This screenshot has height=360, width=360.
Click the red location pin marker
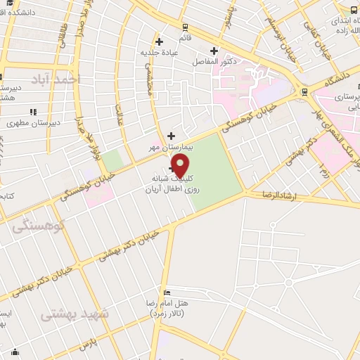pos(181,167)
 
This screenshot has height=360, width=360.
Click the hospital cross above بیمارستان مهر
pos(171,135)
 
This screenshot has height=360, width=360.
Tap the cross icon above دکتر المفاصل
pos(214,50)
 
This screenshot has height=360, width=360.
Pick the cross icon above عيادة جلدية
pos(160,42)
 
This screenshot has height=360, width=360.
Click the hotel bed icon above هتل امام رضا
pos(167,292)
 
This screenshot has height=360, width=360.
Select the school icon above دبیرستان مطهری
pos(32,112)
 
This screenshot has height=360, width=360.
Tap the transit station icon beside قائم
pos(185,27)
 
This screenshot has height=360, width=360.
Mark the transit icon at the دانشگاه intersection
pos(304,91)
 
